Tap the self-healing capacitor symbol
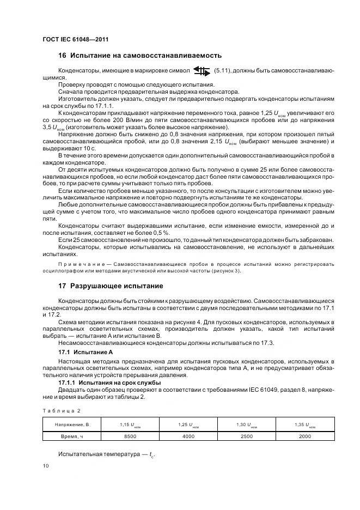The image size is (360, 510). (201, 71)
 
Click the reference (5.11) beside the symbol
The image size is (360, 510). (223, 71)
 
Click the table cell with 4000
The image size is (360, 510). (188, 436)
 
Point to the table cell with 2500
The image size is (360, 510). (247, 436)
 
